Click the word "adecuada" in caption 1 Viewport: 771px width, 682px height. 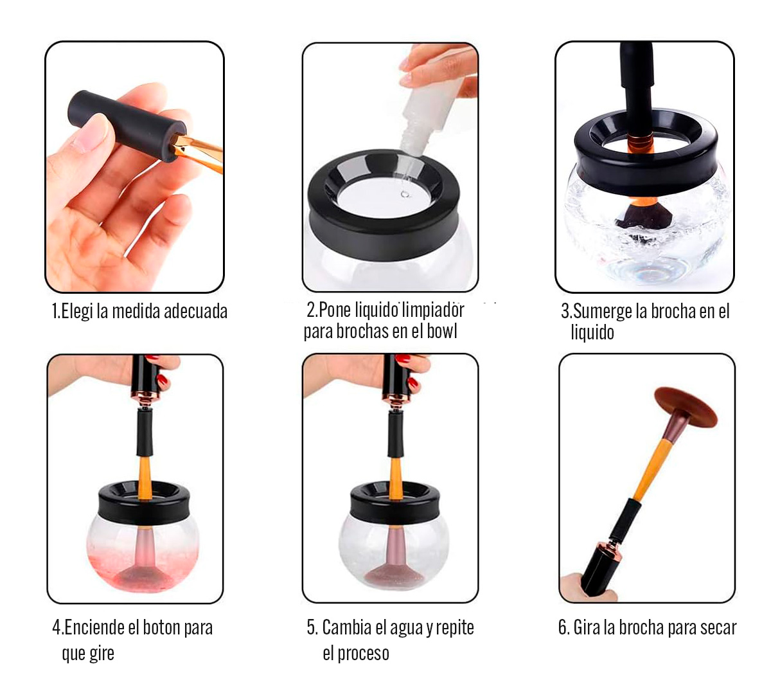(195, 311)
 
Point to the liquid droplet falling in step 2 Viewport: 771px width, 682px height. (405, 194)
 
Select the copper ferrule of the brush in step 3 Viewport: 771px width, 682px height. (641, 143)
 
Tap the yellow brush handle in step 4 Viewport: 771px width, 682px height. (145, 478)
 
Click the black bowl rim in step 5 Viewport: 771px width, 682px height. (396, 501)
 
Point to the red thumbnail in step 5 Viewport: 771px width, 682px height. (412, 382)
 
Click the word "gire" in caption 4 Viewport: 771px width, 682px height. (102, 654)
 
